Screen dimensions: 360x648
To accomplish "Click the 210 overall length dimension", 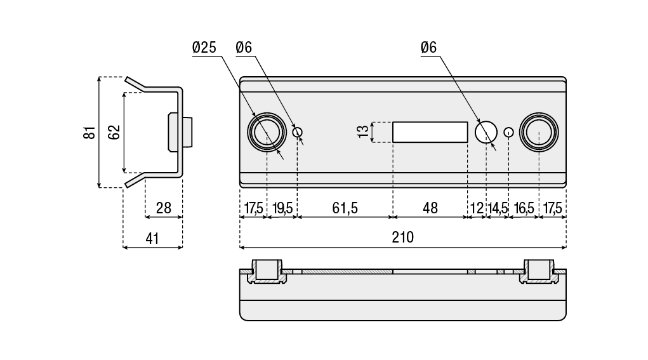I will [x=402, y=237].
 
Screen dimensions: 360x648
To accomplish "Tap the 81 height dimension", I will [x=90, y=133].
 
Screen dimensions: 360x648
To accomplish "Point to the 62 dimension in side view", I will [x=114, y=133].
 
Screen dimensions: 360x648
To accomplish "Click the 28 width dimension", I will [x=164, y=208].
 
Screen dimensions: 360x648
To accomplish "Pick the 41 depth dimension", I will [x=152, y=238].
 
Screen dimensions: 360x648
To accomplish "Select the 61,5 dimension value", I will [x=345, y=208].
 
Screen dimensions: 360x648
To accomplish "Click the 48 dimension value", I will [x=430, y=208].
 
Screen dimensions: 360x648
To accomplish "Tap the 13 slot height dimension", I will [x=362, y=132].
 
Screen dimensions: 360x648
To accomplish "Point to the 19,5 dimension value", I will [x=282, y=208].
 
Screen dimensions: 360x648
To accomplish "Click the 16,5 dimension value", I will [x=524, y=208].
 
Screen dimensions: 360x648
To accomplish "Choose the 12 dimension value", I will [x=477, y=208].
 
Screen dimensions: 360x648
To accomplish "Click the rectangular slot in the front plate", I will [x=430, y=132].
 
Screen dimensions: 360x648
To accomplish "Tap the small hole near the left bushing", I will [x=298, y=132].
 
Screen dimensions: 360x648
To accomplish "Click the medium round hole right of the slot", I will [x=486, y=132].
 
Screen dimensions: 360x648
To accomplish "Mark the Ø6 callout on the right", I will [x=428, y=48].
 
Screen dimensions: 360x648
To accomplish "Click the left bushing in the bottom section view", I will [x=266, y=271].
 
